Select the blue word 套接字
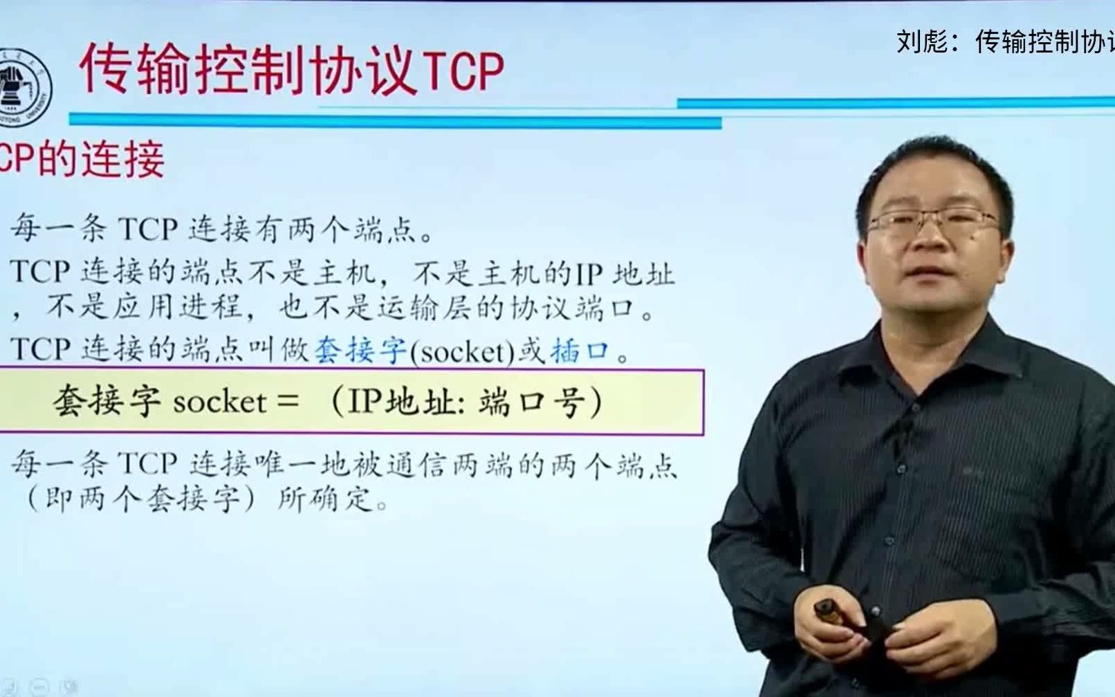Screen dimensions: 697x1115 point(360,351)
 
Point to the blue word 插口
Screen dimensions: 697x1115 point(580,351)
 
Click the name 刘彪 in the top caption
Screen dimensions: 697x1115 point(922,42)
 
